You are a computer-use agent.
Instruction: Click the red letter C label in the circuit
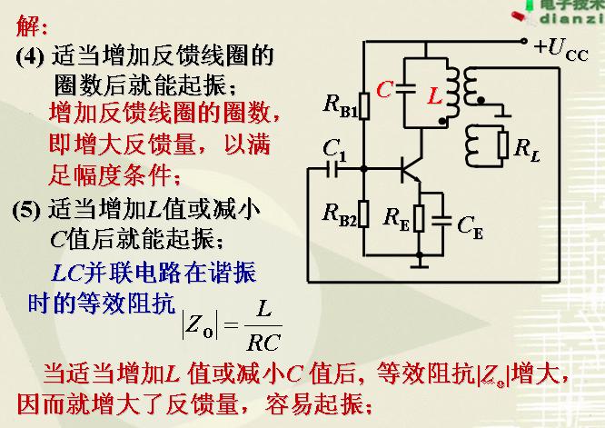384,89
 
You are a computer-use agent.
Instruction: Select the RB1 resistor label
341,105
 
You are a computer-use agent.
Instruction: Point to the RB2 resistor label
341,214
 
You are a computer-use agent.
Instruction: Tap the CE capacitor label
471,224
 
